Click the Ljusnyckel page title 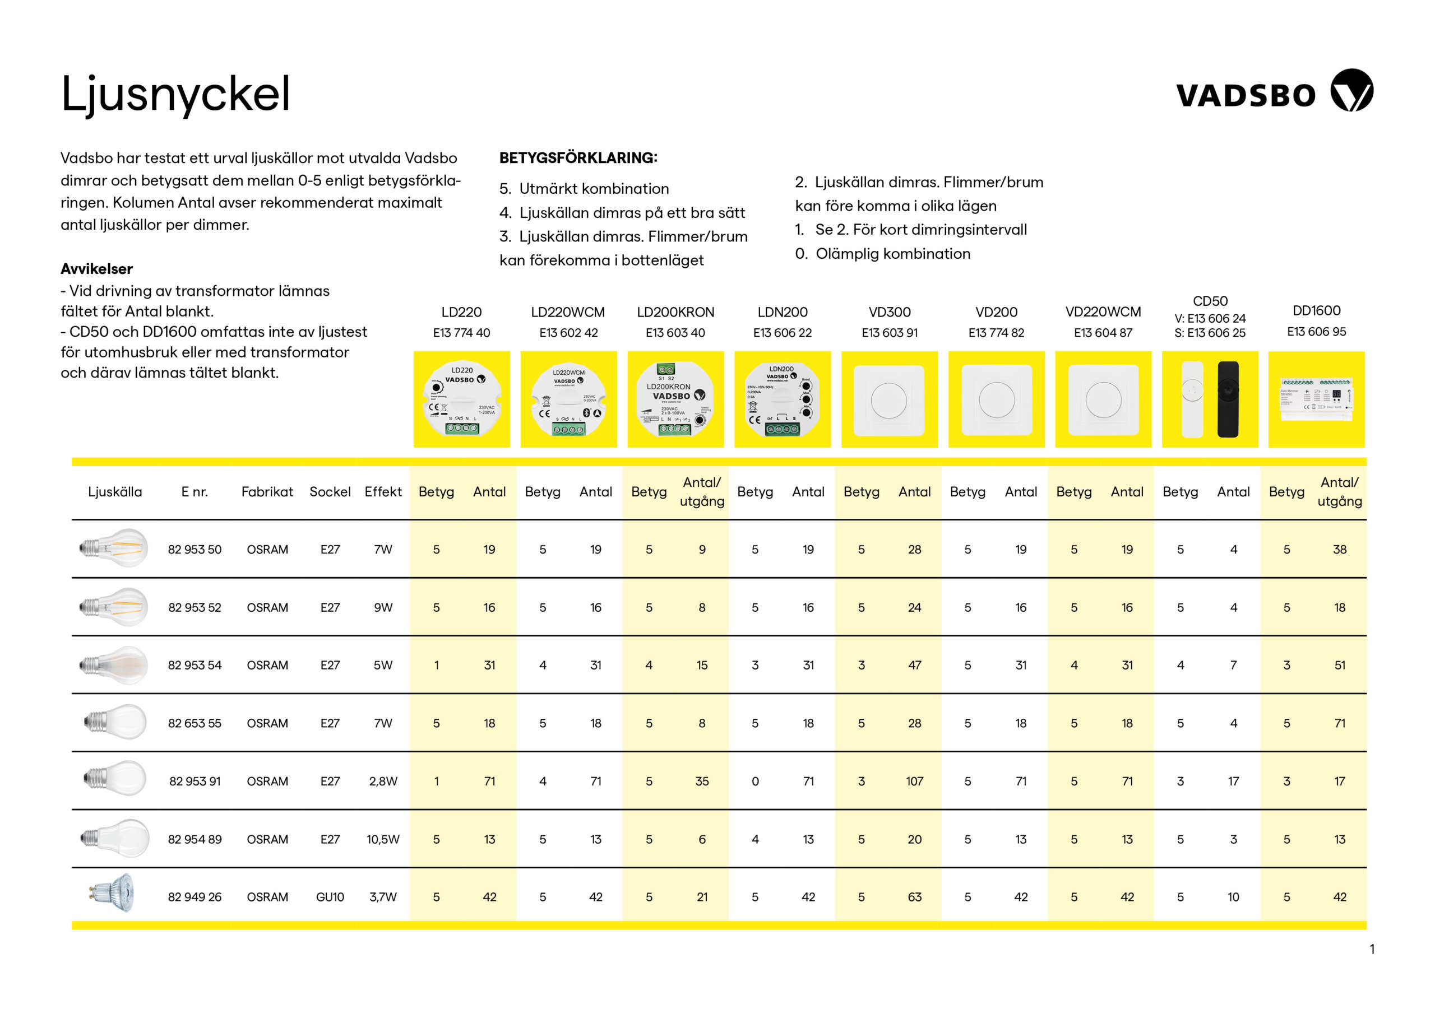175,94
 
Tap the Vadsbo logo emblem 1351,91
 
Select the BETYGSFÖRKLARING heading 578,157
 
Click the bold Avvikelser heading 97,269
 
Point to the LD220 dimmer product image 461,399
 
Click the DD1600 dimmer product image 1316,399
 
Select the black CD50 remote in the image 1228,399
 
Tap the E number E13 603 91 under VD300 890,333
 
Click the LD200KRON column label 675,311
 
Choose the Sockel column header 330,492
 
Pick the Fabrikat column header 267,492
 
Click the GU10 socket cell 330,897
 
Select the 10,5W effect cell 382,839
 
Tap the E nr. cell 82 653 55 195,723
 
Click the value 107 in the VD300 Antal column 914,782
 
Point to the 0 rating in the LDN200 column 755,782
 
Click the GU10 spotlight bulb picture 111,894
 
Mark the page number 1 1372,950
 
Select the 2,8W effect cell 382,782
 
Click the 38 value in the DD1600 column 1339,550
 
